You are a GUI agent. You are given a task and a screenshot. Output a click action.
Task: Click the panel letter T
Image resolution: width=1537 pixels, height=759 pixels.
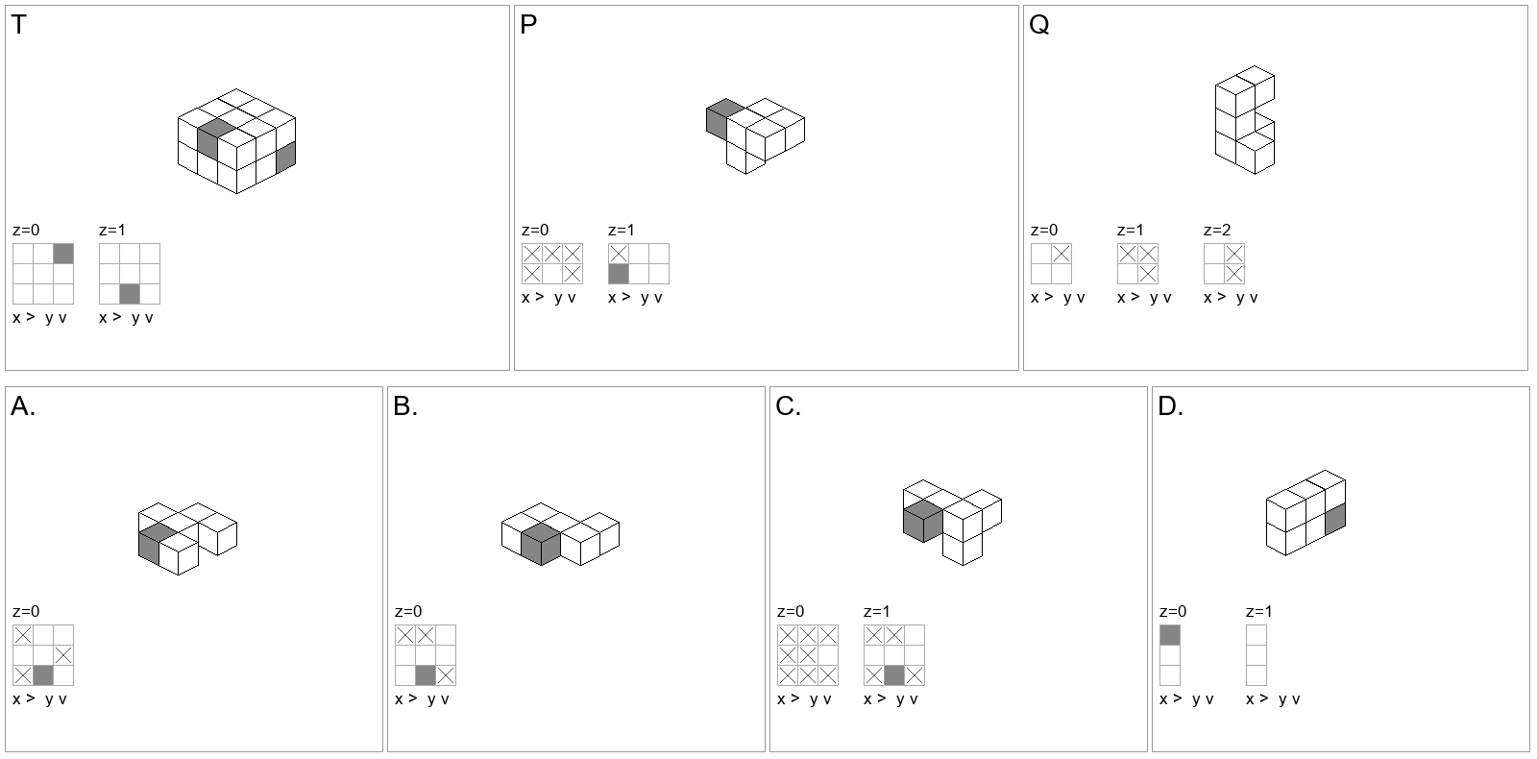click(x=18, y=25)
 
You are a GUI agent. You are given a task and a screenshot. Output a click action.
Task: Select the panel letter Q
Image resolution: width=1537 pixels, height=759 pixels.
click(x=1038, y=25)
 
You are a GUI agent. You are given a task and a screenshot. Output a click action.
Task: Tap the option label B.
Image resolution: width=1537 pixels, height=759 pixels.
click(x=404, y=406)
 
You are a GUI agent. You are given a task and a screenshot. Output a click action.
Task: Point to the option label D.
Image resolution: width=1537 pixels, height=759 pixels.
click(x=1170, y=406)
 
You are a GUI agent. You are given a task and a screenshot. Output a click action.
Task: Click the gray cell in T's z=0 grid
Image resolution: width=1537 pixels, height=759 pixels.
click(x=63, y=254)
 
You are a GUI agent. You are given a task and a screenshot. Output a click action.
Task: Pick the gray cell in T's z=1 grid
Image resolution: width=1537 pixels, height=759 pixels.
click(x=130, y=294)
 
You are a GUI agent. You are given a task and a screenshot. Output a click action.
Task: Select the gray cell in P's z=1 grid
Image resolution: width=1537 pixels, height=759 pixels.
click(x=619, y=274)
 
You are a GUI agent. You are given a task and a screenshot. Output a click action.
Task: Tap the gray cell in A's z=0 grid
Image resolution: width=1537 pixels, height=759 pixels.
click(x=43, y=675)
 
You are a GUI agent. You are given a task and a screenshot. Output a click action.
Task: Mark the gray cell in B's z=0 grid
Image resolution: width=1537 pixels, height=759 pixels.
click(x=426, y=675)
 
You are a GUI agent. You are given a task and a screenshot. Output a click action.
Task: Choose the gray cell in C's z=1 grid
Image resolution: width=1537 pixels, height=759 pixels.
click(x=894, y=675)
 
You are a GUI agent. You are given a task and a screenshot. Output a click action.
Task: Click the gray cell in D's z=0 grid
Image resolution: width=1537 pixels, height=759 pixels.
click(x=1170, y=635)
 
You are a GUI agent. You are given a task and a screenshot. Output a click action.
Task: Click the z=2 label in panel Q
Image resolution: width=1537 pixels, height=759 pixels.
click(x=1216, y=230)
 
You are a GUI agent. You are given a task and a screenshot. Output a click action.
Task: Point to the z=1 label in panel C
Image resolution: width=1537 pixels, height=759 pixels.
click(x=876, y=611)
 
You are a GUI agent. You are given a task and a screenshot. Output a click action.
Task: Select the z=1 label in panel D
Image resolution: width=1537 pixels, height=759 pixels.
click(x=1258, y=611)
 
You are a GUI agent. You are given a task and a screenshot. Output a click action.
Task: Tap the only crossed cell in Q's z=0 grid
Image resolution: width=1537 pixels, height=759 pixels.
click(x=1061, y=254)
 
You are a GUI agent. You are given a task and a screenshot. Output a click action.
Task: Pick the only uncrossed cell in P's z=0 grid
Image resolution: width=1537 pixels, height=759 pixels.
click(x=552, y=274)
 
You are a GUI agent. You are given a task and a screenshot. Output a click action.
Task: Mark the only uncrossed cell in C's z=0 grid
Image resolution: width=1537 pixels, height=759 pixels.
click(x=827, y=655)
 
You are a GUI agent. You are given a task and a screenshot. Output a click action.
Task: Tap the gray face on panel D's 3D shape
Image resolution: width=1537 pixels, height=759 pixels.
click(x=1334, y=520)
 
